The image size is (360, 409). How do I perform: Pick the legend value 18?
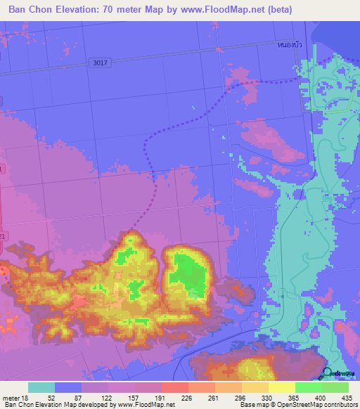[26, 397]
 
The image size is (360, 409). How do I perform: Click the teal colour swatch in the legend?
[41, 387]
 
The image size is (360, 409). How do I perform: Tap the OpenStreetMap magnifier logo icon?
[326, 372]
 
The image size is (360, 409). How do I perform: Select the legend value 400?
[321, 397]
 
